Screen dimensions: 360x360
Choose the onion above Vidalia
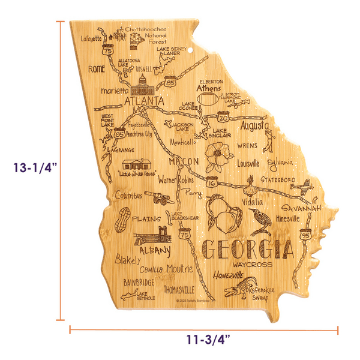tap(251, 182)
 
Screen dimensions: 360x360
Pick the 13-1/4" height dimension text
tap(32, 169)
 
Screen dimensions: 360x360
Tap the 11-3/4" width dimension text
tap(204, 341)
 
